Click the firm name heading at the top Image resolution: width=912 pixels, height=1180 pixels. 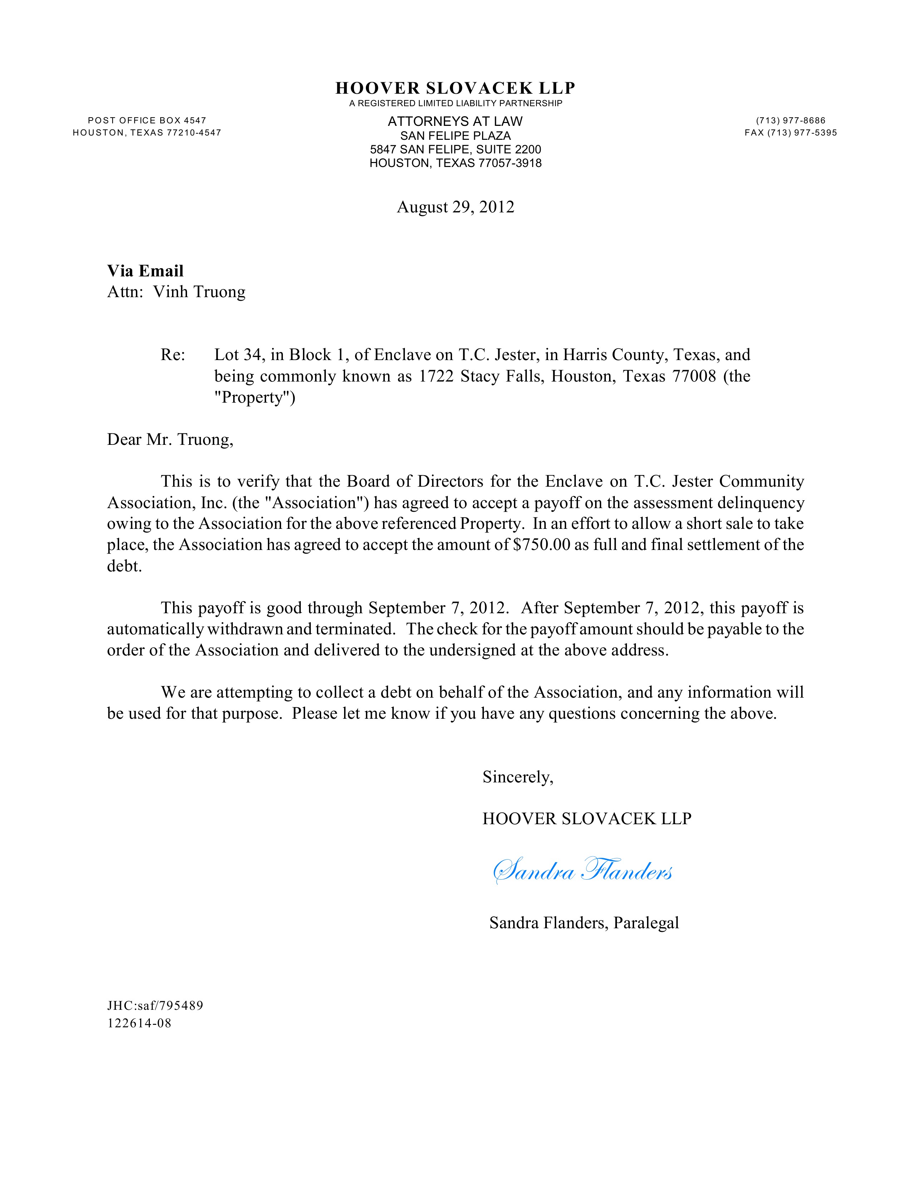pyautogui.click(x=455, y=88)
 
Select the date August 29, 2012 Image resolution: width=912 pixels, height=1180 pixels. pyautogui.click(x=455, y=207)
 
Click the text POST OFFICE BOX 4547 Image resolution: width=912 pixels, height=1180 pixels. pyautogui.click(x=147, y=121)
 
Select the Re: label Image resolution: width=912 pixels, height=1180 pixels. pyautogui.click(x=172, y=355)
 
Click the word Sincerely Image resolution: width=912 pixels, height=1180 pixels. pyautogui.click(x=518, y=777)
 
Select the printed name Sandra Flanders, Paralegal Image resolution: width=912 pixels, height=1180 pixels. pyautogui.click(x=584, y=923)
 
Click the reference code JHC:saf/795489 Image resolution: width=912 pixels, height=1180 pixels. pyautogui.click(x=155, y=1006)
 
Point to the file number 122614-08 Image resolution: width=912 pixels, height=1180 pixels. pyautogui.click(x=139, y=1023)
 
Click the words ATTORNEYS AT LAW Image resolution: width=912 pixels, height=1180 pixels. pyautogui.click(x=455, y=122)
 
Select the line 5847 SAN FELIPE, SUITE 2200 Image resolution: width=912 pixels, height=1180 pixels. pyautogui.click(x=455, y=150)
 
